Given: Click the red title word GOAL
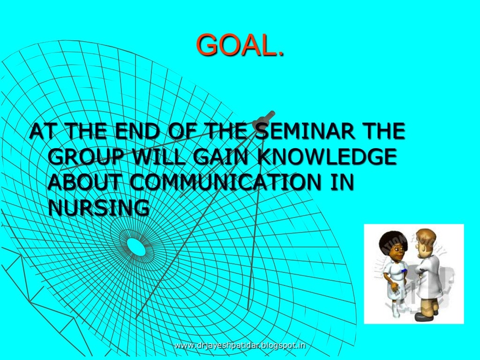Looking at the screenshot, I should point(240,45).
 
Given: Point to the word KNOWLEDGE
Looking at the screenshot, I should point(326,157).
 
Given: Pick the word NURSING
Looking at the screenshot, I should point(98,208).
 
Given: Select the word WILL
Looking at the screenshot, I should point(158,157).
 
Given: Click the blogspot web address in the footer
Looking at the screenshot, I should point(240,346).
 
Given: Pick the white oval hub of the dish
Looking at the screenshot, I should point(136,247).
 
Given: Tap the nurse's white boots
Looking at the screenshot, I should point(397,307).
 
